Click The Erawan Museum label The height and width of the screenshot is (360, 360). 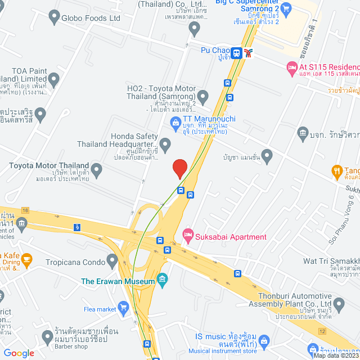click(x=118, y=281)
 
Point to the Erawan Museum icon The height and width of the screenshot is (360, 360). click(x=163, y=279)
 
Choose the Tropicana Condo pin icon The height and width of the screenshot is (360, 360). click(x=112, y=261)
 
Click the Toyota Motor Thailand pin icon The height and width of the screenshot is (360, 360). click(x=96, y=169)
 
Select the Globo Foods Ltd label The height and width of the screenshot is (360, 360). click(x=92, y=18)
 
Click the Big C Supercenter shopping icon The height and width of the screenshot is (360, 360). click(x=286, y=8)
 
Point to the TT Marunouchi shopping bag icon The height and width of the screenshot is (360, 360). click(x=175, y=121)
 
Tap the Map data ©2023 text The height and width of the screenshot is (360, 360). click(x=335, y=355)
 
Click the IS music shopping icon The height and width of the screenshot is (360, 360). click(x=265, y=340)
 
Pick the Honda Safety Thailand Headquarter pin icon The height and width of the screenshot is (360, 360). click(x=165, y=145)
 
